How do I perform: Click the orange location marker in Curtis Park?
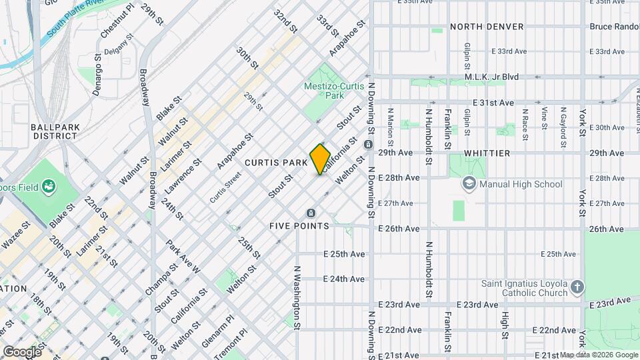320,159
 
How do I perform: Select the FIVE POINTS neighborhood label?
299,226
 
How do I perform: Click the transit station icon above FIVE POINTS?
310,213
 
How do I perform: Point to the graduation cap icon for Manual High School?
470,184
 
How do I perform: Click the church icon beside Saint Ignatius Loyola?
577,288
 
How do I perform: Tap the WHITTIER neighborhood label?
487,153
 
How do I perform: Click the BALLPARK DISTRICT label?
55,131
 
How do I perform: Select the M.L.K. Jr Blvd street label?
491,77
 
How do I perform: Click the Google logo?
21,351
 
